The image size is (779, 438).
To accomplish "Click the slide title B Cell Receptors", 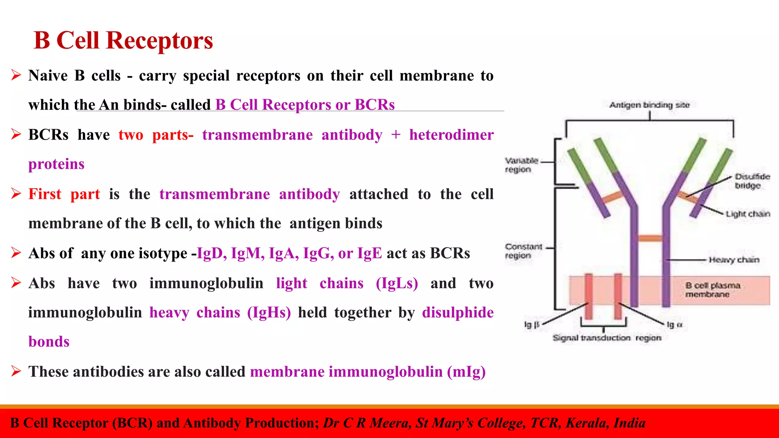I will pyautogui.click(x=123, y=40).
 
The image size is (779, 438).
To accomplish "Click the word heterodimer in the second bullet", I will pyautogui.click(x=451, y=135).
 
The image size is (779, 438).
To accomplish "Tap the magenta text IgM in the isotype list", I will pyautogui.click(x=248, y=253).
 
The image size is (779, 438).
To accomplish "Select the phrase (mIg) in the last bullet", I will pyautogui.click(x=466, y=372).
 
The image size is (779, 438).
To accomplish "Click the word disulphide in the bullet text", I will pyautogui.click(x=458, y=313).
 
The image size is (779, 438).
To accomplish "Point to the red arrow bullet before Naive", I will pyautogui.click(x=16, y=75).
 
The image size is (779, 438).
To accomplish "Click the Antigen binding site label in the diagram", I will pyautogui.click(x=649, y=105).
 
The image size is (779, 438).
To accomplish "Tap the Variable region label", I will pyautogui.click(x=521, y=165).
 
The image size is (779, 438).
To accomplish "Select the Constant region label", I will pyautogui.click(x=523, y=251).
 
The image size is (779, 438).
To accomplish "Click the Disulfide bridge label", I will pyautogui.click(x=752, y=181).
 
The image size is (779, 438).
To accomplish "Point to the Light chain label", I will pyautogui.click(x=747, y=214).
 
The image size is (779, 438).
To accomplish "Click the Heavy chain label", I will pyautogui.click(x=734, y=260).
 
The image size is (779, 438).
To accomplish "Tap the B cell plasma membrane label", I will pyautogui.click(x=712, y=290).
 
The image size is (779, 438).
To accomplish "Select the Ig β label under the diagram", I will pyautogui.click(x=531, y=325).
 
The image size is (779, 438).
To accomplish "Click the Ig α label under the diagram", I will pyautogui.click(x=675, y=325).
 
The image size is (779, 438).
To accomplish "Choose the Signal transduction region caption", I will pyautogui.click(x=607, y=338).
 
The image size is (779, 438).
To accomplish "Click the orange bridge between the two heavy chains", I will pyautogui.click(x=650, y=238).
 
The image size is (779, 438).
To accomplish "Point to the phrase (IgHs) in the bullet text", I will pyautogui.click(x=269, y=313).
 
